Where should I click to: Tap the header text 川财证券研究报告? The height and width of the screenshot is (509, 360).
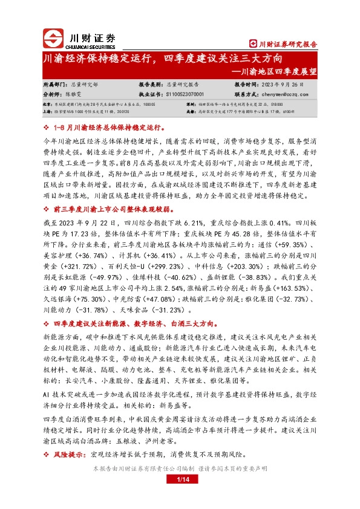pos(284,44)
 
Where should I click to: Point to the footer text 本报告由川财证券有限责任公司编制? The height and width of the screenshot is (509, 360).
pos(140,468)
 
